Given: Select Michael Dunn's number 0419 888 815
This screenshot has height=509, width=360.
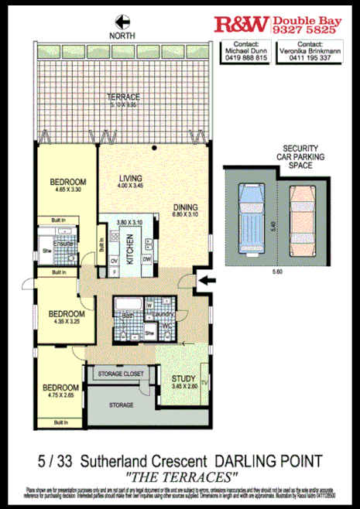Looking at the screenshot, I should point(245,57).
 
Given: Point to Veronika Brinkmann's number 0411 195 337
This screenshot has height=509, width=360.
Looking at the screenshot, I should point(310,57).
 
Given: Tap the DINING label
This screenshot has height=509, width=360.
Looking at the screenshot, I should point(186,207).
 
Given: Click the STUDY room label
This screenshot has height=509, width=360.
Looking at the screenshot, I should point(183,378).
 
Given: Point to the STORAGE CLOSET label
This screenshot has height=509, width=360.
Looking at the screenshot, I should point(121,374).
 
